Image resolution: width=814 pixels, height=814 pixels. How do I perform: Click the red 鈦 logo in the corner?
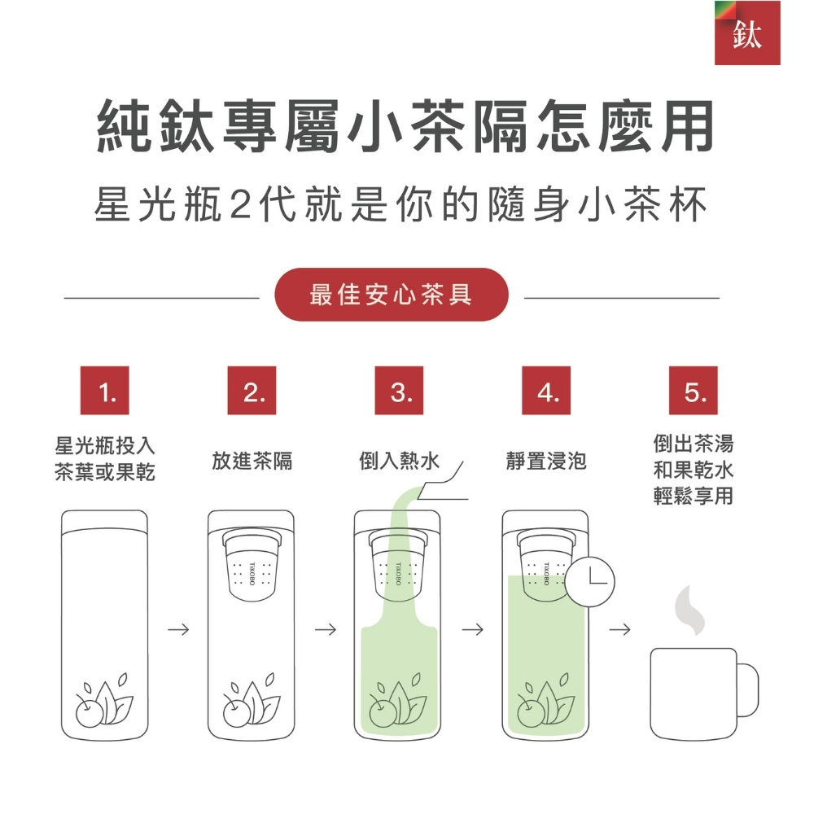(747, 33)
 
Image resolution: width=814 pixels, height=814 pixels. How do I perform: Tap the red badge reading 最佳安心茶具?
(391, 295)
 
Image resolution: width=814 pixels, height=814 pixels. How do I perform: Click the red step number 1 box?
(104, 391)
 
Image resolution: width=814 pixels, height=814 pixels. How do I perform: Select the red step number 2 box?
(252, 391)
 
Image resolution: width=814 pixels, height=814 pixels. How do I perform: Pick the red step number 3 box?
(399, 391)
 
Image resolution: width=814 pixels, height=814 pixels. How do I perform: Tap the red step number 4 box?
(546, 391)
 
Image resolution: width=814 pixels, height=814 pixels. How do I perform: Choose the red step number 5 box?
(693, 391)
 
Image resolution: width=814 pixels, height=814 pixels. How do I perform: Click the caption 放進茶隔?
(252, 461)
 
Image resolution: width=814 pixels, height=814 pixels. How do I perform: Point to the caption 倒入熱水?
(399, 461)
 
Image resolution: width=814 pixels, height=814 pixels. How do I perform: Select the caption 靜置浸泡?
(546, 461)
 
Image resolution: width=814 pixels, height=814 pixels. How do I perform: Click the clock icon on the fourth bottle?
(589, 582)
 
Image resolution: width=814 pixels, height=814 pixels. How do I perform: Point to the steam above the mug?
(689, 611)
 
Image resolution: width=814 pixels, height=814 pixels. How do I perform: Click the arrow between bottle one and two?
(178, 630)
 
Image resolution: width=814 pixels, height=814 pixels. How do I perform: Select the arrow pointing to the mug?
(619, 630)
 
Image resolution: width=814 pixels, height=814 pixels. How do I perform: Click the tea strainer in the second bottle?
(252, 566)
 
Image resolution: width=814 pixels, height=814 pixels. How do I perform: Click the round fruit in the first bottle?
(90, 713)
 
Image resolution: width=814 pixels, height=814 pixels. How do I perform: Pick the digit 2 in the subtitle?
(240, 204)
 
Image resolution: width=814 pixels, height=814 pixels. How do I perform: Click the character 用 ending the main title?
(687, 126)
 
